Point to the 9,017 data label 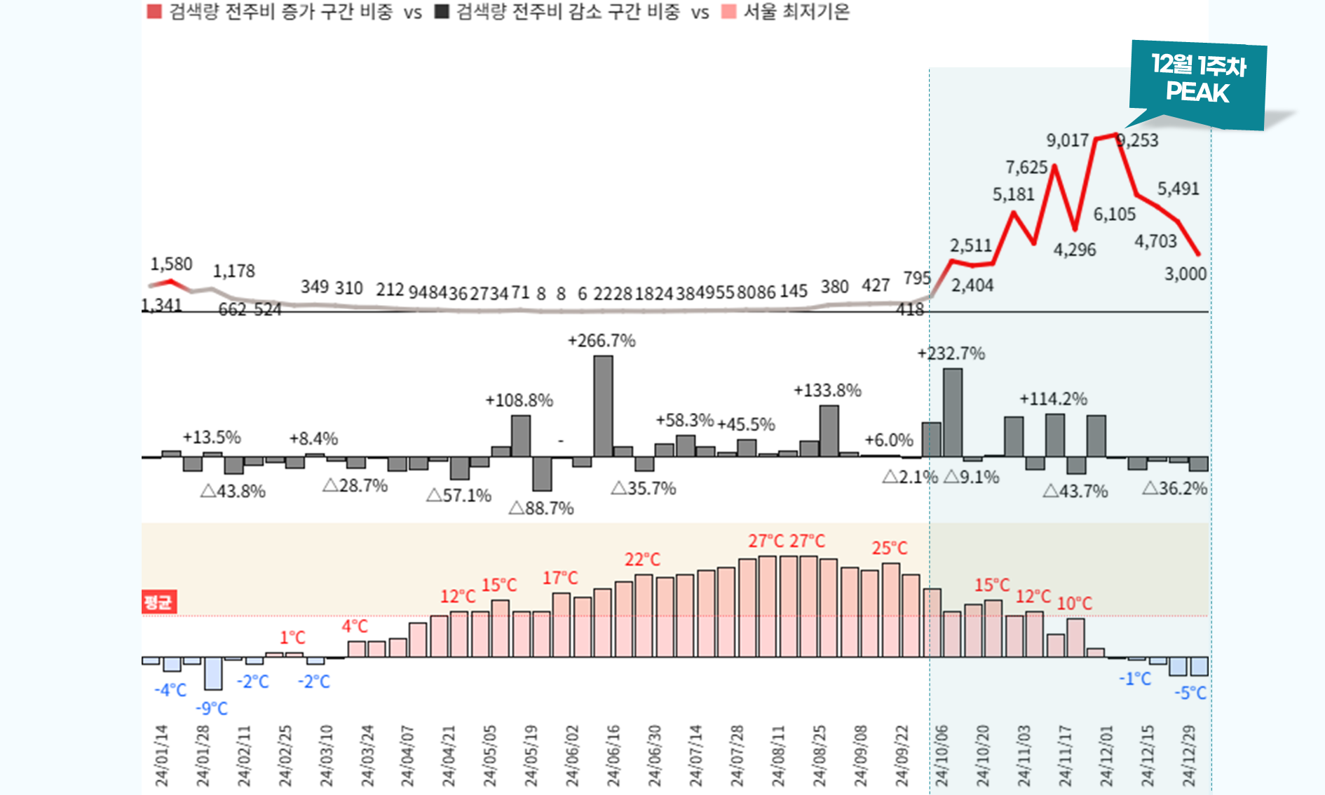tap(1067, 140)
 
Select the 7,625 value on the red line tap(1026, 168)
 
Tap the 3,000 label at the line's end tap(1185, 274)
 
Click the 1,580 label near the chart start tap(171, 264)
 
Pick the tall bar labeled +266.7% tap(603, 406)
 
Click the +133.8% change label tap(827, 390)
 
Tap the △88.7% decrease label tap(541, 508)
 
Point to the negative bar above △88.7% tap(542, 474)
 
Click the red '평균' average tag tap(158, 602)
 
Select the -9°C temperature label tap(212, 709)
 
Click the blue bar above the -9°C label tap(213, 673)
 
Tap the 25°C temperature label tap(889, 548)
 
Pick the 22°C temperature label tap(642, 559)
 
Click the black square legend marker tap(442, 12)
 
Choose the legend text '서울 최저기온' tap(796, 12)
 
